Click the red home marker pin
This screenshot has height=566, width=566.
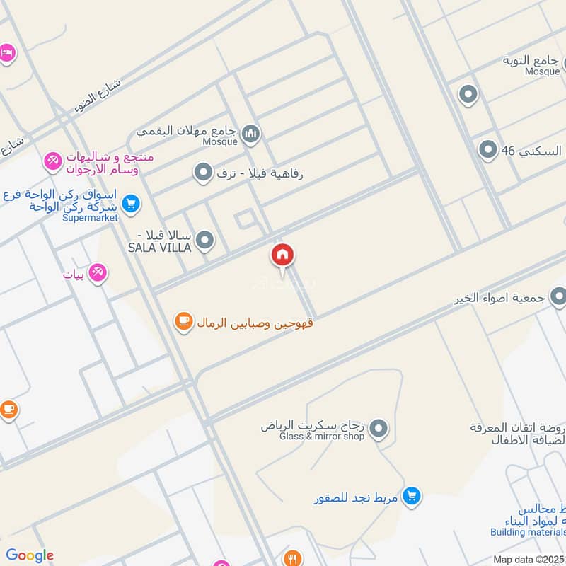pyautogui.click(x=282, y=255)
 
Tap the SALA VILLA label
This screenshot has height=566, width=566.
pyautogui.click(x=159, y=248)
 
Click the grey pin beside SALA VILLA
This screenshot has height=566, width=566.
pyautogui.click(x=205, y=241)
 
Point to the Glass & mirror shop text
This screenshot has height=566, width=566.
pyautogui.click(x=322, y=437)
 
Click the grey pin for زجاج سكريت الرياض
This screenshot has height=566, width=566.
pyautogui.click(x=379, y=427)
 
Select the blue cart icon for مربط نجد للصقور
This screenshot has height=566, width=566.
pyautogui.click(x=411, y=497)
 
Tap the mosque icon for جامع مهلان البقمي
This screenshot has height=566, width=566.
pyautogui.click(x=250, y=132)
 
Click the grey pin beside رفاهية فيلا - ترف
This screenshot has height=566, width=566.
pyautogui.click(x=204, y=172)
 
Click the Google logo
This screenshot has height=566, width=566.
pyautogui.click(x=30, y=555)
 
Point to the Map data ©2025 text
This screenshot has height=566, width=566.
pyautogui.click(x=528, y=559)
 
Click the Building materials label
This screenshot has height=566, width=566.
pyautogui.click(x=527, y=532)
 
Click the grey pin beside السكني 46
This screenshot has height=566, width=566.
pyautogui.click(x=487, y=150)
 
